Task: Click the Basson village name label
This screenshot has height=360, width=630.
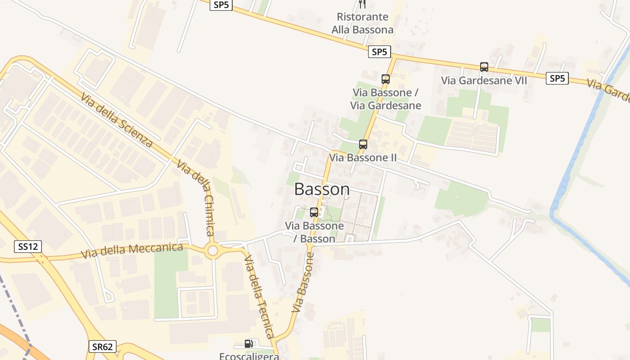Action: click(x=322, y=189)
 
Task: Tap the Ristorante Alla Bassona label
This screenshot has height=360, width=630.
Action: click(x=363, y=23)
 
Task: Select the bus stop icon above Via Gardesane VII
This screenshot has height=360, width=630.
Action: click(x=484, y=67)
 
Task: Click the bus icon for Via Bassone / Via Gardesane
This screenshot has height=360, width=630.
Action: click(x=386, y=79)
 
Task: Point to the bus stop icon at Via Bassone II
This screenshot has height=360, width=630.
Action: click(x=363, y=144)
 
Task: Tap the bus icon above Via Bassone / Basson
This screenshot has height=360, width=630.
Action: click(x=314, y=212)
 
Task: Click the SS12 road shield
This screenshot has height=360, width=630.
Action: click(x=28, y=247)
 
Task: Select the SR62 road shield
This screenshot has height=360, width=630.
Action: click(x=102, y=346)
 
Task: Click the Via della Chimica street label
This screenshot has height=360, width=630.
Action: click(x=196, y=197)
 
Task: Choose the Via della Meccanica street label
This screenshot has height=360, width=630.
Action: click(x=132, y=250)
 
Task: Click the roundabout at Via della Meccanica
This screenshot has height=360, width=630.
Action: click(x=212, y=251)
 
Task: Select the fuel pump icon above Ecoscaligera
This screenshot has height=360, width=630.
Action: click(x=248, y=344)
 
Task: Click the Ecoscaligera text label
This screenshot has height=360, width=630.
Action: click(x=249, y=356)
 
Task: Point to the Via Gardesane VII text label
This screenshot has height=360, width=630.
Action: click(x=484, y=81)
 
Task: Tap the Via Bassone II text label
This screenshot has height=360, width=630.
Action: click(x=363, y=157)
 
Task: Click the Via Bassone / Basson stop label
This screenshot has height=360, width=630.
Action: click(x=315, y=232)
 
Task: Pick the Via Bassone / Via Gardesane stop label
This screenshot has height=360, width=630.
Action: click(x=386, y=99)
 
